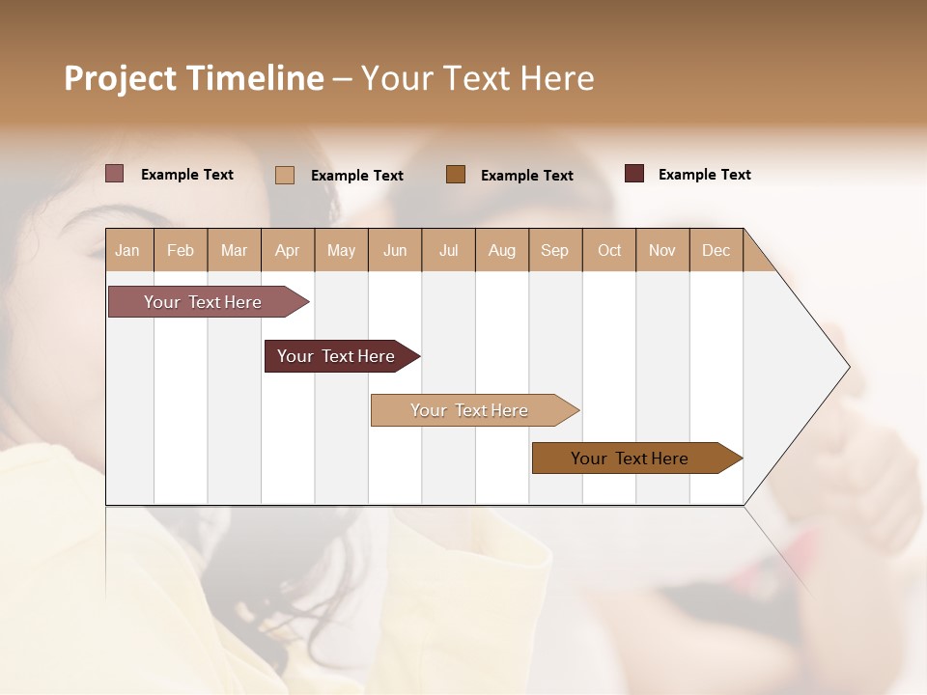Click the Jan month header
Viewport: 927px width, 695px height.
tap(127, 250)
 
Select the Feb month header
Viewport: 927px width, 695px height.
tap(181, 250)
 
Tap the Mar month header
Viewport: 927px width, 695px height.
tap(234, 250)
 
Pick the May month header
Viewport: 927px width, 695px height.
tap(341, 250)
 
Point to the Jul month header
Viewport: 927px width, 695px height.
tap(448, 250)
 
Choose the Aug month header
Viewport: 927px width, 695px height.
tap(501, 250)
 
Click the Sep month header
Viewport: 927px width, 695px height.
tap(554, 250)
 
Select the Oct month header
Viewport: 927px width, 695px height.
tap(609, 250)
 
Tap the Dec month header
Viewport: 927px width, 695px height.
tap(716, 250)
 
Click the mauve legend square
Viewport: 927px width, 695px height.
tap(115, 174)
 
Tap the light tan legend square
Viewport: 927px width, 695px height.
tap(285, 175)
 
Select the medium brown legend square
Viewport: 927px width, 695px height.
tap(456, 174)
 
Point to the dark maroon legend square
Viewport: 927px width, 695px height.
tap(634, 174)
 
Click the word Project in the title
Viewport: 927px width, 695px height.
tap(121, 78)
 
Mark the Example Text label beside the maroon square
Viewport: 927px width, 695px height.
tap(704, 175)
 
